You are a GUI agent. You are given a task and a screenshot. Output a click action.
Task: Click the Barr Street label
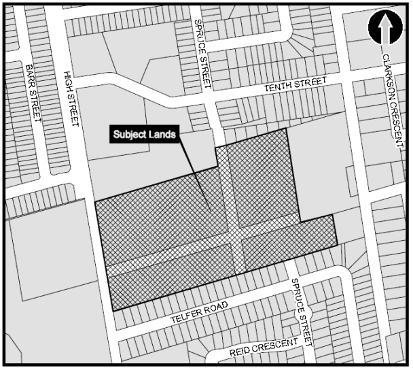[32, 94]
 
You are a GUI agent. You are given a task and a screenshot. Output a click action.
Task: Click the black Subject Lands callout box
[144, 135]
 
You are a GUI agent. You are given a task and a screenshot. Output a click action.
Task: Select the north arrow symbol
[385, 27]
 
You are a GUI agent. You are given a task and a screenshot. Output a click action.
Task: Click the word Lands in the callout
[164, 135]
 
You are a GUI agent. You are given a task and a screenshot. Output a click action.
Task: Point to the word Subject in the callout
[130, 135]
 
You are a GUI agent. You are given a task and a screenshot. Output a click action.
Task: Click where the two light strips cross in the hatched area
[234, 235]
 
